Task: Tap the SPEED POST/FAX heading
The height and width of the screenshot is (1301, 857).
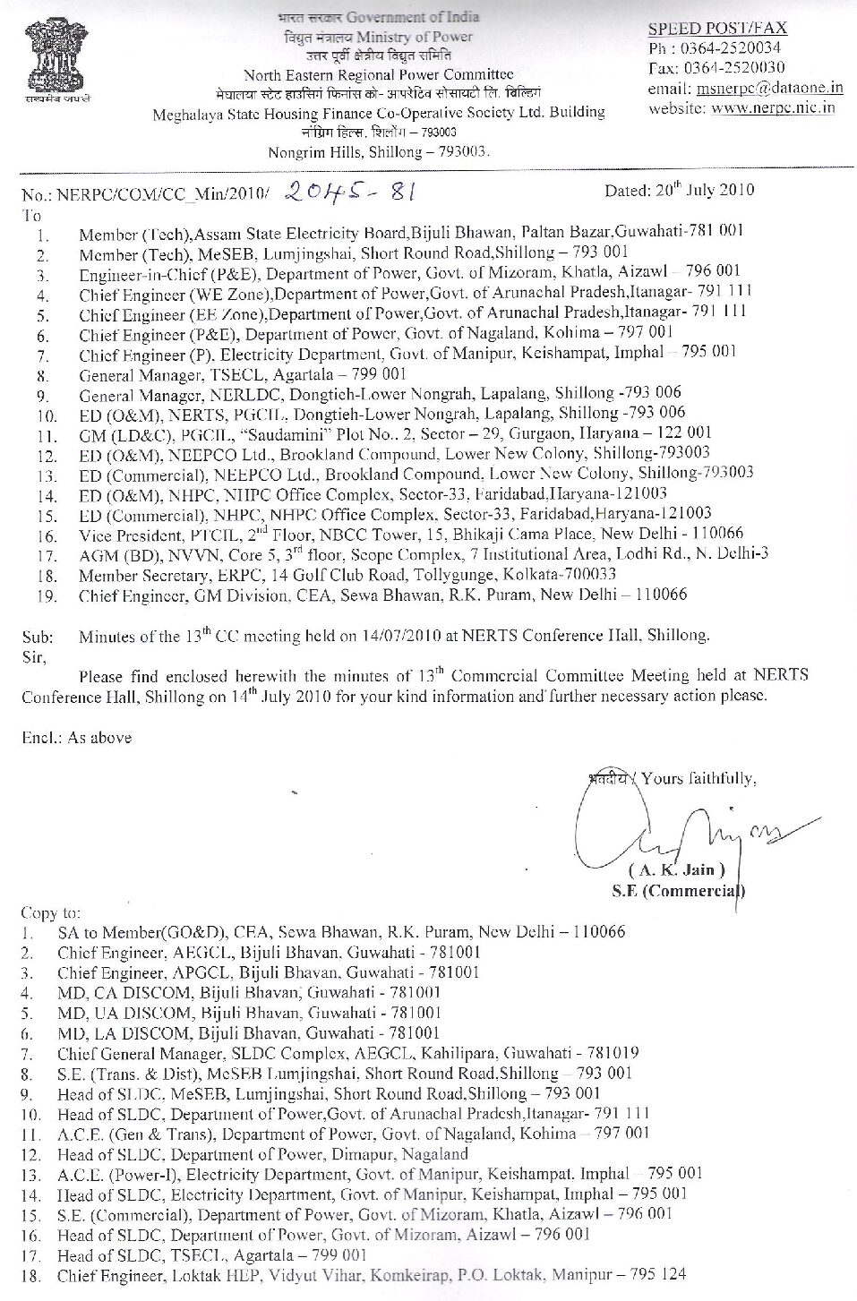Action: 717,29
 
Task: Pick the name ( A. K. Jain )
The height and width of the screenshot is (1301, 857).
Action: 677,870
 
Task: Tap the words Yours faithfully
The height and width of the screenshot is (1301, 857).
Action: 698,778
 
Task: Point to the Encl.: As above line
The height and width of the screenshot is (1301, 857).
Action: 76,738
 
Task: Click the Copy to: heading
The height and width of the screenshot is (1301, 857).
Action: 50,913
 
